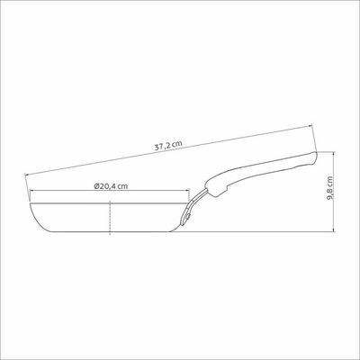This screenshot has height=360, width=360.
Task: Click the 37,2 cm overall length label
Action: click(168, 146)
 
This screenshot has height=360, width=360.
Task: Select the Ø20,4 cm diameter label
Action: click(111, 186)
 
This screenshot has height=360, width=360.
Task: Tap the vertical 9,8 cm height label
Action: click(330, 188)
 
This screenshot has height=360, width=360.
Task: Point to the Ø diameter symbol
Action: click(96, 186)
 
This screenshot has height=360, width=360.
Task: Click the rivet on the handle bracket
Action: click(187, 215)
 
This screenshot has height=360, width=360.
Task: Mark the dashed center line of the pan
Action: click(110, 218)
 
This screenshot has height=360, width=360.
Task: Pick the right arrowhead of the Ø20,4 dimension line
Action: click(187, 190)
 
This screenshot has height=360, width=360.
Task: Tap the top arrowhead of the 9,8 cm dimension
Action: click(334, 154)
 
